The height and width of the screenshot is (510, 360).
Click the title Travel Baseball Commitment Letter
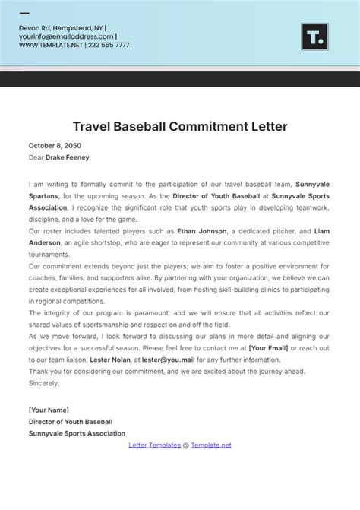(180, 126)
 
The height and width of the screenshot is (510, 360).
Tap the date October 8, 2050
(55, 145)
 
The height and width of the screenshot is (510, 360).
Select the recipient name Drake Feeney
(68, 157)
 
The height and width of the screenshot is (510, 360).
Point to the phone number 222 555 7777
(109, 45)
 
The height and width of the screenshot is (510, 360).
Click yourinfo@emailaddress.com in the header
(66, 36)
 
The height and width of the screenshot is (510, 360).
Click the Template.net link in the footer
(211, 445)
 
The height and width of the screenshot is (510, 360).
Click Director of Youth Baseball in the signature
(71, 421)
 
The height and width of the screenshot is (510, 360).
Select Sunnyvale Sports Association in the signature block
(77, 433)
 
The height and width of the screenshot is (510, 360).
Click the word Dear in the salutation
(36, 157)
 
